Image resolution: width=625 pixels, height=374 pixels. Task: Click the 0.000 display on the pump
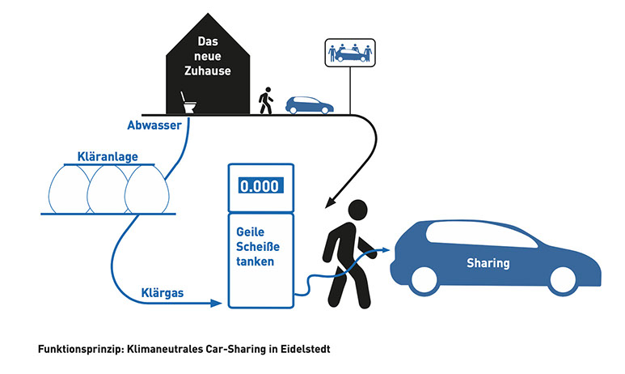(261, 185)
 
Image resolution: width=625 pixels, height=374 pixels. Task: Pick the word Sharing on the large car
(488, 263)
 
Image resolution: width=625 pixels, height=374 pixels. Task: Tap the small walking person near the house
(265, 100)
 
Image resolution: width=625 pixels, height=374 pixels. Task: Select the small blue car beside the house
(308, 104)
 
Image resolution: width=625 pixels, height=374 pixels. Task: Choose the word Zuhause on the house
(207, 70)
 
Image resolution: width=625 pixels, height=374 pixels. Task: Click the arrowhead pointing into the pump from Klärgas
(217, 304)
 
